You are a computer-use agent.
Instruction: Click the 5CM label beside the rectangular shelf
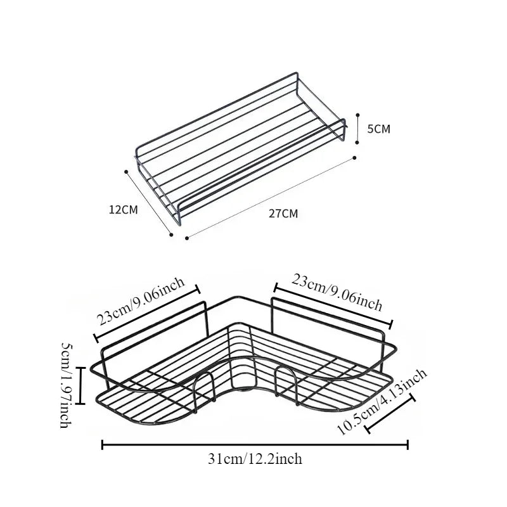379,129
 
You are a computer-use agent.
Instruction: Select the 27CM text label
283,214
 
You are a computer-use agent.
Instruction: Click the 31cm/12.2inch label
255,459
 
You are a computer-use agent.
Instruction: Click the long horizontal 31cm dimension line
255,445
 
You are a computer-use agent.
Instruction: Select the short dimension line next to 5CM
357,129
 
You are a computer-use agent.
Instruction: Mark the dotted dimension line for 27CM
271,198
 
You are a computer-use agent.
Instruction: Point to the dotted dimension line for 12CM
150,202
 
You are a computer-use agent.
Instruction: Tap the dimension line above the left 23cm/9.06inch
147,314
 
